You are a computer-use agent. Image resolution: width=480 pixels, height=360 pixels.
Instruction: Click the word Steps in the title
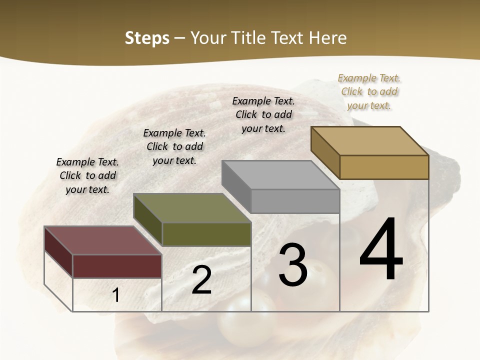click(x=146, y=38)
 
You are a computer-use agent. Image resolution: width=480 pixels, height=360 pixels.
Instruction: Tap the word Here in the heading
click(x=327, y=38)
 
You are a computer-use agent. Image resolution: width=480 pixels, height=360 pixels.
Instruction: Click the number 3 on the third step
click(x=293, y=265)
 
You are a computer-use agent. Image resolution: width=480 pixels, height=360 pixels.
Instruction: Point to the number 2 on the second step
click(x=201, y=280)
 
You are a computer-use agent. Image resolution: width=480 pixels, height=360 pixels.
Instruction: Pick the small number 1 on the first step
click(x=116, y=295)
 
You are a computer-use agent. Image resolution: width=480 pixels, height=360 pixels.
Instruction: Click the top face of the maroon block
click(x=103, y=240)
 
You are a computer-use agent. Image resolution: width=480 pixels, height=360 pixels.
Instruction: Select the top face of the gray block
click(x=280, y=175)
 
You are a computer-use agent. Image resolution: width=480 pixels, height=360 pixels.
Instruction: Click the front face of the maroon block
click(x=117, y=266)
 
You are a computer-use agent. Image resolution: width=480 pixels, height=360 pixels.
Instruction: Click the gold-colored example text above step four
click(x=369, y=91)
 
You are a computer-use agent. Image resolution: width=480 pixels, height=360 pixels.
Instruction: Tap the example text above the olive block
click(x=174, y=146)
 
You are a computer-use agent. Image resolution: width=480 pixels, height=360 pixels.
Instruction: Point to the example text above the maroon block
click(x=87, y=175)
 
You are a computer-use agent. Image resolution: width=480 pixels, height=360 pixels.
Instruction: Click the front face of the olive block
click(x=206, y=234)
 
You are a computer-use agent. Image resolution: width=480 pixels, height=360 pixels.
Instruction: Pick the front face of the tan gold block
click(x=384, y=167)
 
